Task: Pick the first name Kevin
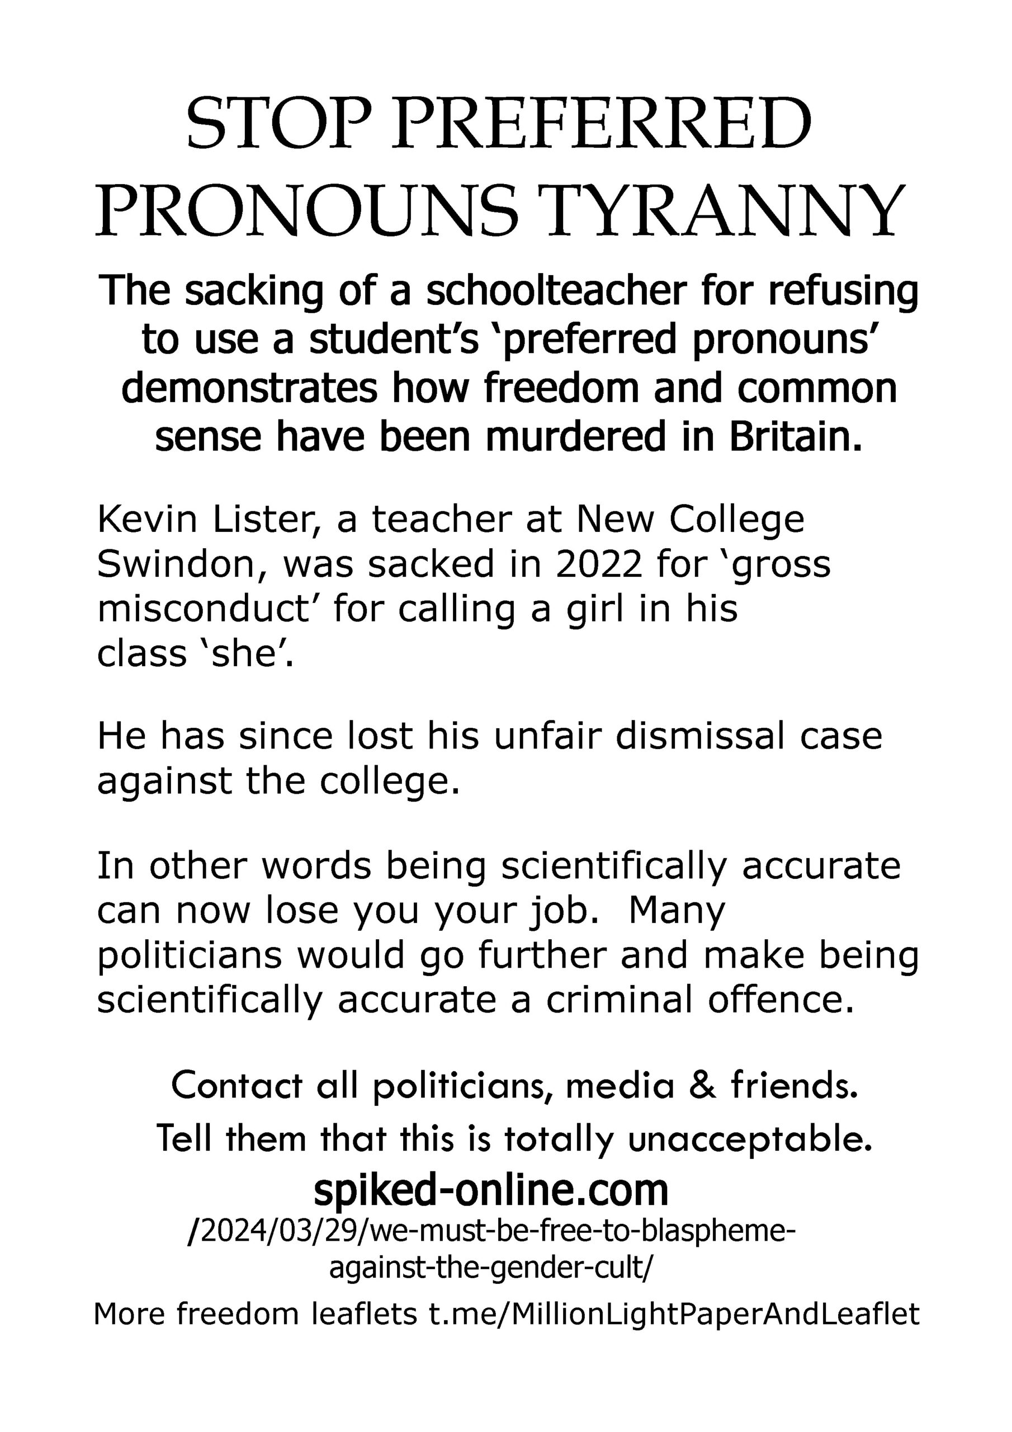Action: (146, 520)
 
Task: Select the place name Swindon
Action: (183, 564)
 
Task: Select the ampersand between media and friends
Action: (703, 1086)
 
